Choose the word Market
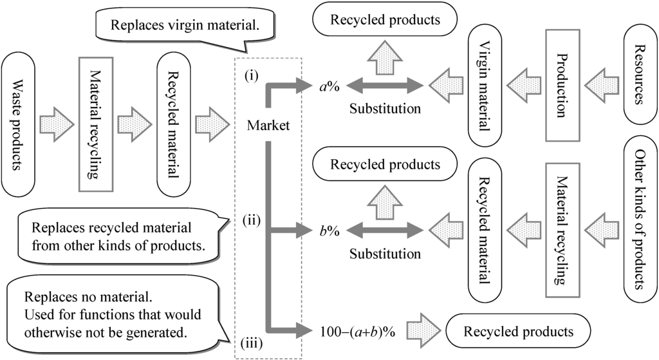(268, 125)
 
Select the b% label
(331, 230)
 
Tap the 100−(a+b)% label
(357, 332)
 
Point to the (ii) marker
(251, 220)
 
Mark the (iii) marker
(251, 343)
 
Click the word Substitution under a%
(385, 108)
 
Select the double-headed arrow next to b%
(385, 230)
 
